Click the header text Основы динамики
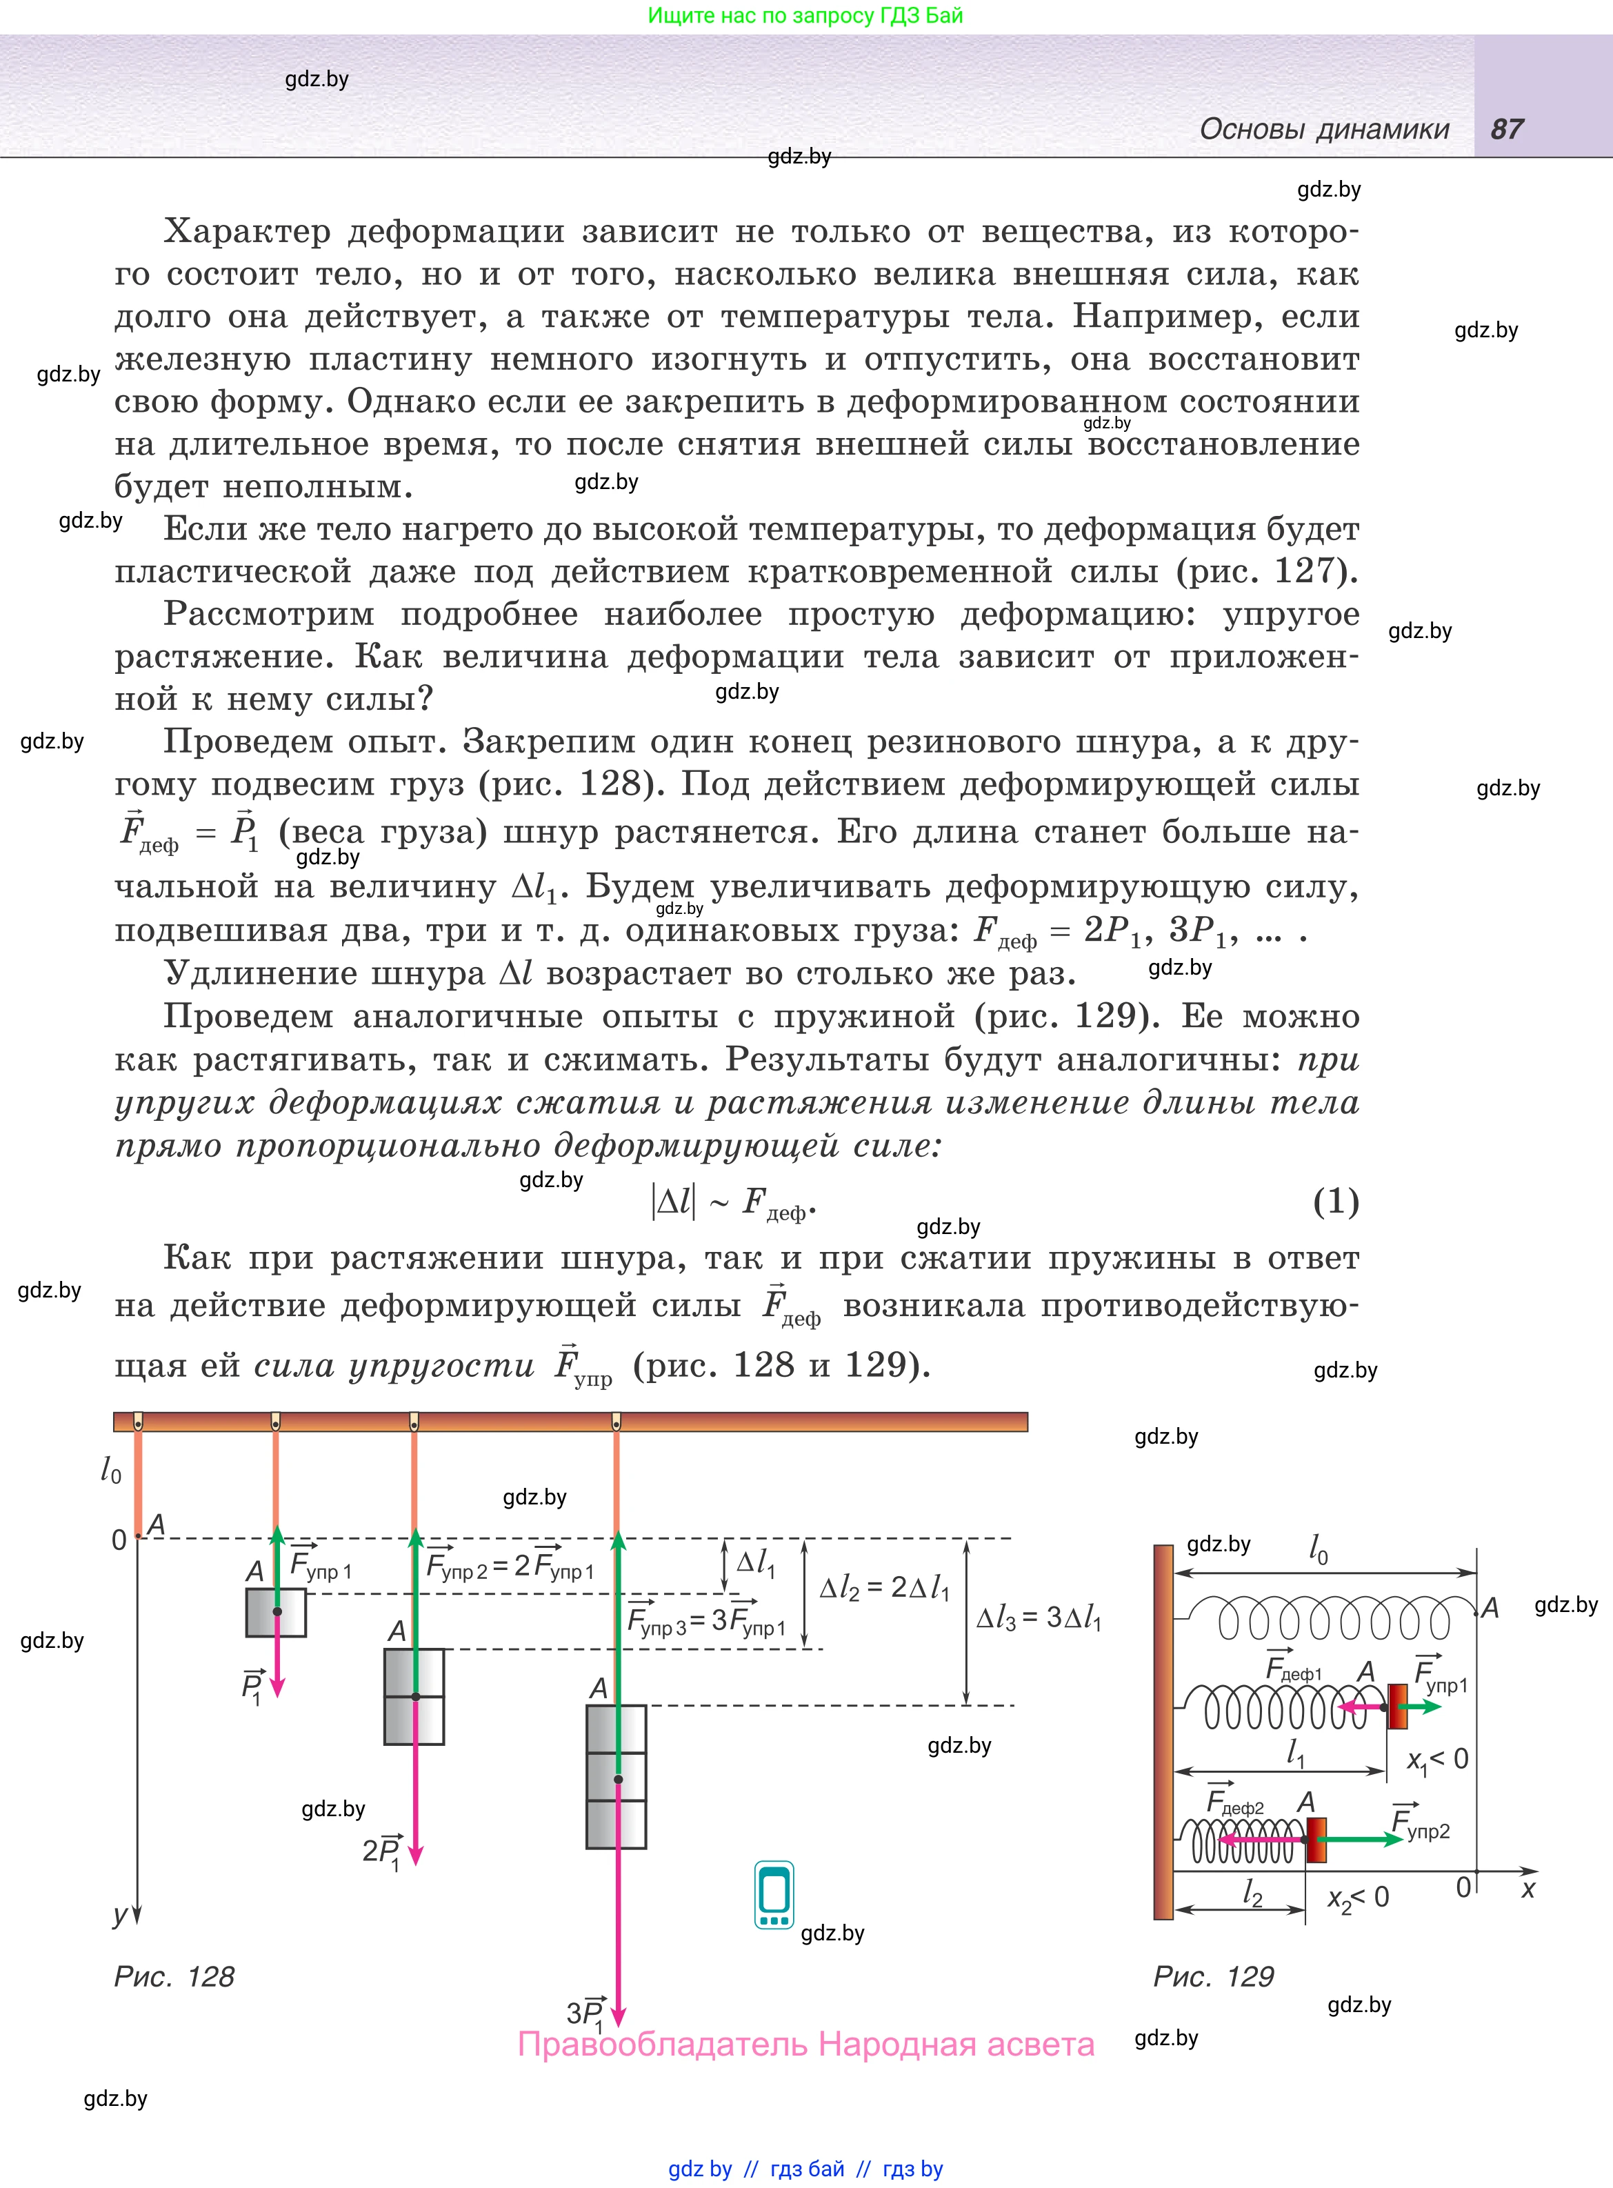pyautogui.click(x=1324, y=129)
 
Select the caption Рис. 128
pyautogui.click(x=174, y=1976)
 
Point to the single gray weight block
pyautogui.click(x=275, y=1612)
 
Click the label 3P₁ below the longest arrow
pyautogui.click(x=586, y=2013)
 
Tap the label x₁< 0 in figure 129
pyautogui.click(x=1437, y=1760)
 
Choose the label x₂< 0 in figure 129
pyautogui.click(x=1357, y=1898)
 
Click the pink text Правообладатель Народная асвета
pyautogui.click(x=805, y=2044)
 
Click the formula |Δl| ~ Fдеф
pyautogui.click(x=732, y=1202)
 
